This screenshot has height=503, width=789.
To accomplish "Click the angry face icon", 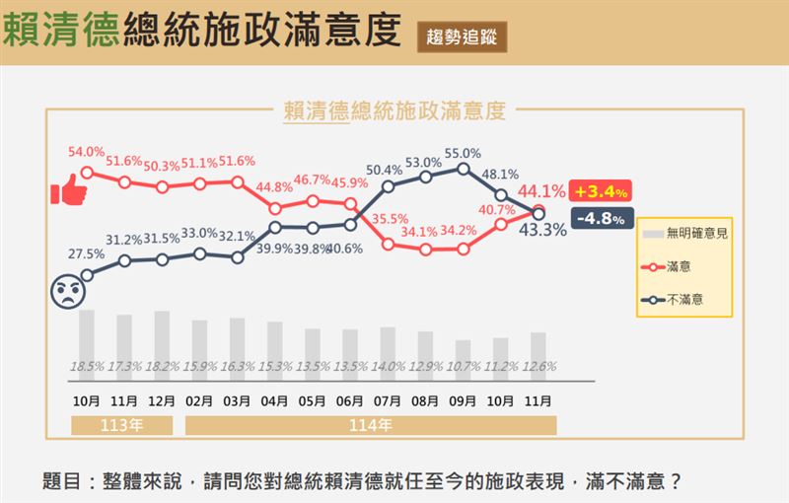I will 67,292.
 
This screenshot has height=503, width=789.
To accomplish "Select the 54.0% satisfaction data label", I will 86,152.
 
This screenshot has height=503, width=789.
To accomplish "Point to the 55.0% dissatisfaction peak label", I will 463,153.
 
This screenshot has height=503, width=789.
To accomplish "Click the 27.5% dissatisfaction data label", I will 86,253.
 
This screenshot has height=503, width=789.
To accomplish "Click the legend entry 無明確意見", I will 696,234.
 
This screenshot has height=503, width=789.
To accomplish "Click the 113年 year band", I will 122,426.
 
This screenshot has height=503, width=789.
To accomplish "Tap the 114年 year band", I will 371,426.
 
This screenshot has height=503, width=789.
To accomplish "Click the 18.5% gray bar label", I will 87,367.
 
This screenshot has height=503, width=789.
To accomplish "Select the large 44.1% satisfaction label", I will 541,191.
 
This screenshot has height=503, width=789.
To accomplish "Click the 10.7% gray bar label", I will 462,367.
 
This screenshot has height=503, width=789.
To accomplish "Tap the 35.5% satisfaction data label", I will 390,219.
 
